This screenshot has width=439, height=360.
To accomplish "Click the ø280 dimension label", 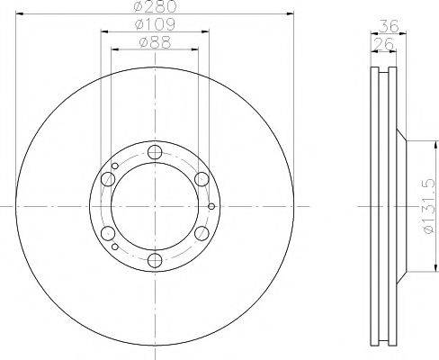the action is point(155,6).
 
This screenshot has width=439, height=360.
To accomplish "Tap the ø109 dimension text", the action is point(155,24).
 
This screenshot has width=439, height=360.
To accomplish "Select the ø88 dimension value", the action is point(155,42).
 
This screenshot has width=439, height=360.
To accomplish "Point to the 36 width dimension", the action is point(389,26).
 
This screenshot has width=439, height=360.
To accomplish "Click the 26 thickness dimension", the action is point(383,44).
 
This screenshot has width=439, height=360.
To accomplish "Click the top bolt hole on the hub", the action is point(155,152).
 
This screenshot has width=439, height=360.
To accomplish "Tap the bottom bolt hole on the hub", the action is point(155,260).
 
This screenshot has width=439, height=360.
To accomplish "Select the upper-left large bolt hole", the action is point(108,179).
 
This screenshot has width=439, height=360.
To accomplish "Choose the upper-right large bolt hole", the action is point(202,179).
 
